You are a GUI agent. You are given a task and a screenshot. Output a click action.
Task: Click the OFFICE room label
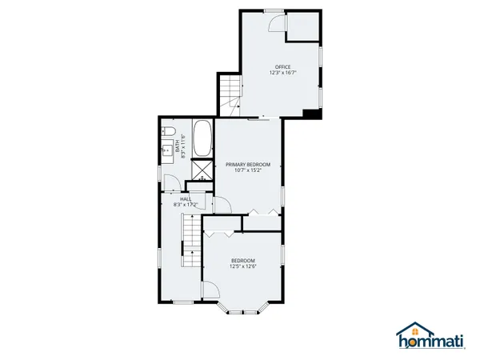283,66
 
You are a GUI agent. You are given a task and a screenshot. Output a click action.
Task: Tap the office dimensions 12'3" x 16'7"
283,73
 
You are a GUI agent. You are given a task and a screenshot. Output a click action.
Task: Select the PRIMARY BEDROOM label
253,164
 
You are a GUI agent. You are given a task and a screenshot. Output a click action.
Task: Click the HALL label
185,198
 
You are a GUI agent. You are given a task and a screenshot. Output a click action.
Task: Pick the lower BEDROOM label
243,261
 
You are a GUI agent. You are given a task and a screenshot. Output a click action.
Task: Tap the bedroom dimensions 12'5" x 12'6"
243,267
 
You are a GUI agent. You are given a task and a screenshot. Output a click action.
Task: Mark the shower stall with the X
202,170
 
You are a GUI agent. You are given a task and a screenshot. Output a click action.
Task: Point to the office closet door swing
277,24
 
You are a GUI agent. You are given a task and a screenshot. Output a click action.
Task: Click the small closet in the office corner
302,26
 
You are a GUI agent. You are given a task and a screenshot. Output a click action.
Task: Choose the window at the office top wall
274,11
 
